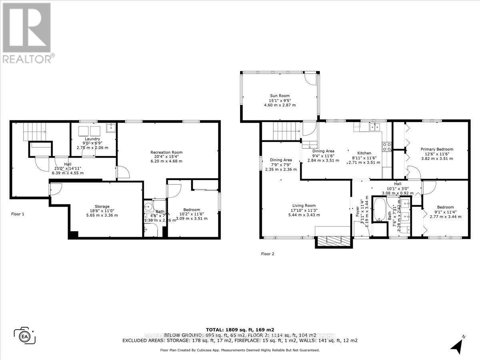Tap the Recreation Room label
point(166,152)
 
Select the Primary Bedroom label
point(436,150)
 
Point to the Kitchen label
point(364,153)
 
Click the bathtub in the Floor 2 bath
point(378,209)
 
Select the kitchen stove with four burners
point(387,147)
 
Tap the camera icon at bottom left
point(25,335)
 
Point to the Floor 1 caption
point(18,214)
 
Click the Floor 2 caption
point(268,254)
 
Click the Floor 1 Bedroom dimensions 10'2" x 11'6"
point(192,214)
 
